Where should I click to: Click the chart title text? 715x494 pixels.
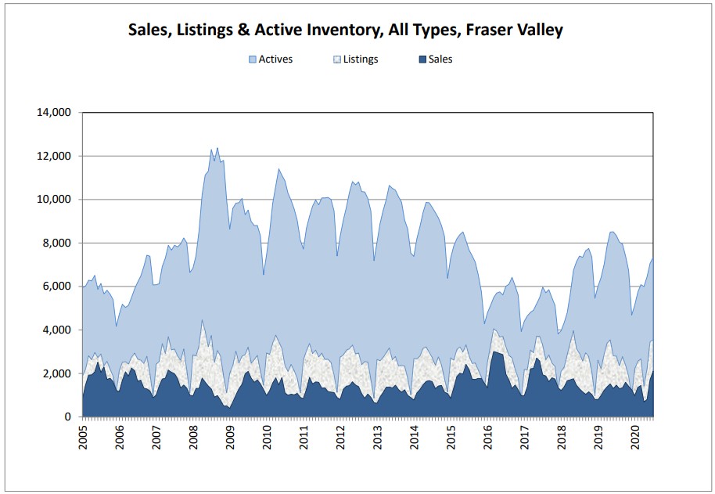[345, 30]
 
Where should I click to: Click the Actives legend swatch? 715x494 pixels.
[253, 59]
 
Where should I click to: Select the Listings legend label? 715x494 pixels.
[360, 59]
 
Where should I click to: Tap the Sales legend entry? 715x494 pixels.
[436, 59]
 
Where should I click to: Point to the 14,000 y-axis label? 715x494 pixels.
[54, 112]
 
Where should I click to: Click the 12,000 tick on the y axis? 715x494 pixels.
[54, 156]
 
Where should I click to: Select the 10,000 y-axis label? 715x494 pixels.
[54, 200]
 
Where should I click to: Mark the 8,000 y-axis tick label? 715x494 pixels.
[56, 243]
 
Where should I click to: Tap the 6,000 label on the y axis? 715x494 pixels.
[56, 287]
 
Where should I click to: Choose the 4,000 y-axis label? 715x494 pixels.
[56, 330]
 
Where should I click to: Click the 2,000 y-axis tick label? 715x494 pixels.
[56, 373]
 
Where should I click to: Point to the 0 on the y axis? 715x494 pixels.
[68, 417]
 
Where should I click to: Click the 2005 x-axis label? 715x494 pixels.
[83, 438]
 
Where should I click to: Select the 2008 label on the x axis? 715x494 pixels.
[193, 438]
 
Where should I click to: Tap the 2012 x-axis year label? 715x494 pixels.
[340, 438]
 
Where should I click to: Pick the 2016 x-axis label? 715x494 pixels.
[488, 438]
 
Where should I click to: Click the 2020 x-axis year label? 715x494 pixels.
[635, 438]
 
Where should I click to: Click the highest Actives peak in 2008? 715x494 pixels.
[217, 148]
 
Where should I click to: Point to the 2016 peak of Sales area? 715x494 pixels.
[494, 352]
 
